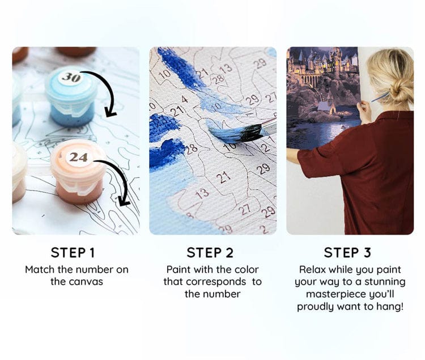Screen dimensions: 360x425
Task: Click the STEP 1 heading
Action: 76,252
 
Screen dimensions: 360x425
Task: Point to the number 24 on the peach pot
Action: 78,157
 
